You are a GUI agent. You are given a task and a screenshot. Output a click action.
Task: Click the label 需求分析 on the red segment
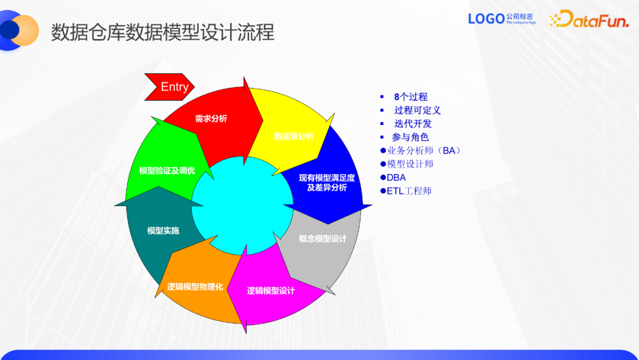click(211, 118)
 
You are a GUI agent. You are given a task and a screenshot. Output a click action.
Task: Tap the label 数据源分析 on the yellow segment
click(294, 136)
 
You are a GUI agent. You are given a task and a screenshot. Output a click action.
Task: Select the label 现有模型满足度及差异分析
click(327, 182)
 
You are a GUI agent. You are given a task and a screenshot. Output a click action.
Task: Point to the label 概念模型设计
click(322, 239)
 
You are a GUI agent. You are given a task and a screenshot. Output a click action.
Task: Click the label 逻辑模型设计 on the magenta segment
click(271, 291)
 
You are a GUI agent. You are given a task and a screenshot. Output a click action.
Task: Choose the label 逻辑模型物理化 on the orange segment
click(195, 287)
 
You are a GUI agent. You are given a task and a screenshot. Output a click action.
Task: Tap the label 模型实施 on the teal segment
click(163, 230)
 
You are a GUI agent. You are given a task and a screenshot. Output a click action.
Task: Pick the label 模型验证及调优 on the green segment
click(167, 171)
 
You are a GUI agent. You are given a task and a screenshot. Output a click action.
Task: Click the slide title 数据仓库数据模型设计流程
click(163, 32)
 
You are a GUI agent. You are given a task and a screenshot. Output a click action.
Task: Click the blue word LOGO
click(486, 19)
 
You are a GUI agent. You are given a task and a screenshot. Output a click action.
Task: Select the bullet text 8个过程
click(411, 97)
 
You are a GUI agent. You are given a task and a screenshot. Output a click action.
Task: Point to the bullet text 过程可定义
click(417, 110)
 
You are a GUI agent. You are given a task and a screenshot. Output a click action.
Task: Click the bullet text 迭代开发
click(413, 124)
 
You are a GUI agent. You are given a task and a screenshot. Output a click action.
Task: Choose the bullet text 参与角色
click(410, 137)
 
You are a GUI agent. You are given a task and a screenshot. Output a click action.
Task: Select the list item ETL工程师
click(409, 191)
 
